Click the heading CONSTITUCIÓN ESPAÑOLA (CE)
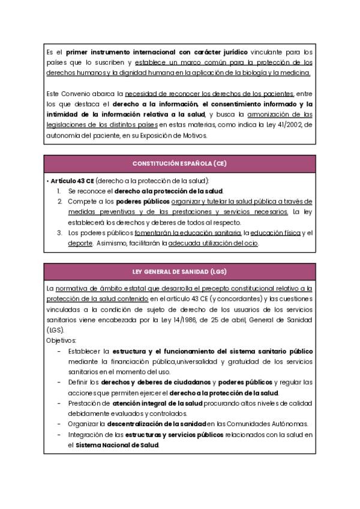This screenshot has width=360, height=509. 179,164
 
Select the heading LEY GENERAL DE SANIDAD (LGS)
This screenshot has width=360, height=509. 179,271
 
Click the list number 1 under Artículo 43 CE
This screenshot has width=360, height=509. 59,191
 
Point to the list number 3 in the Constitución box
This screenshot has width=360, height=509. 59,233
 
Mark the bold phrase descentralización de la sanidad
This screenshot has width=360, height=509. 158,424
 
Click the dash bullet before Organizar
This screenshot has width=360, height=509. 59,424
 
